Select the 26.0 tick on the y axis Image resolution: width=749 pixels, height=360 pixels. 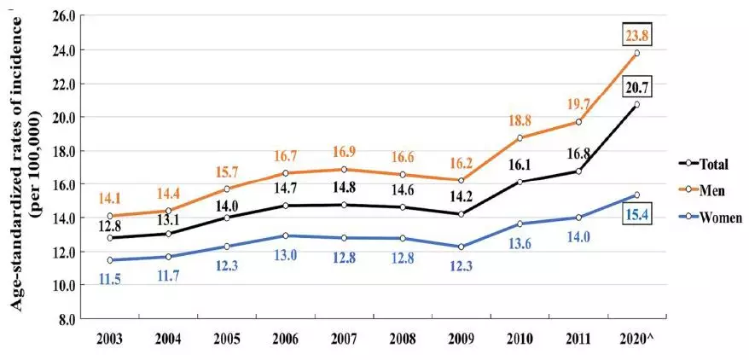[x=63, y=16]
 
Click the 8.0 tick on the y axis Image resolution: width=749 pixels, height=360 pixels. [x=67, y=319]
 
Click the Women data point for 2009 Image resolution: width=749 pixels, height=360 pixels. [x=461, y=247]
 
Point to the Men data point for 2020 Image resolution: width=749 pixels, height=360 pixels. [x=636, y=53]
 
